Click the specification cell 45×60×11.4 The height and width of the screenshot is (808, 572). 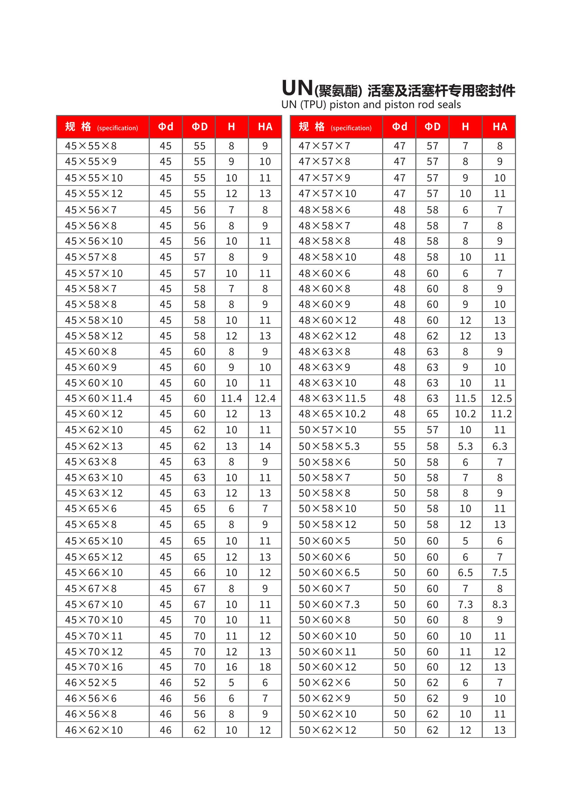coord(99,398)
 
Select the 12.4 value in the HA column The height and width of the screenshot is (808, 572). coord(265,398)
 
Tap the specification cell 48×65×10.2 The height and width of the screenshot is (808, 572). coord(332,414)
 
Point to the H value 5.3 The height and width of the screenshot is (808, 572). coord(465,446)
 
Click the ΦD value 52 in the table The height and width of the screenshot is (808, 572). coord(199,683)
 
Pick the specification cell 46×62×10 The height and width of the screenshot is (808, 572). coord(94,730)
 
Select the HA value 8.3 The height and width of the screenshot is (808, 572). coord(499,604)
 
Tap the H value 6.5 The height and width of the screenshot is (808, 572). coord(465,572)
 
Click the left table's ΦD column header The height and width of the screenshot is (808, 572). coord(199,127)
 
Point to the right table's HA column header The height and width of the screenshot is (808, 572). coord(499,127)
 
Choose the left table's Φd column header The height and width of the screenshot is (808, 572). coord(166,127)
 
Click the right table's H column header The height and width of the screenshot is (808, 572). coord(465,127)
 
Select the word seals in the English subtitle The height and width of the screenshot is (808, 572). coord(447,105)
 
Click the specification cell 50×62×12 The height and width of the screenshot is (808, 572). coord(327,730)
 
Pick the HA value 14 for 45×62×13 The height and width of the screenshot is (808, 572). coord(265,446)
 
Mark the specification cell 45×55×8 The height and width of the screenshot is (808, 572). coord(91,146)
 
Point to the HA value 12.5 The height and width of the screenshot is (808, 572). coord(501,398)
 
